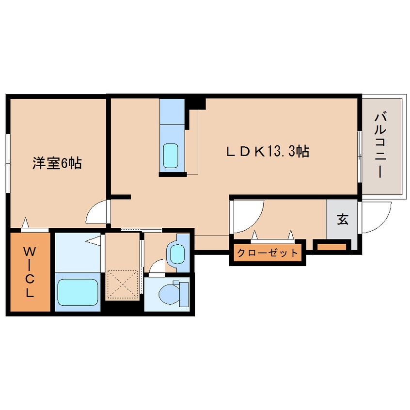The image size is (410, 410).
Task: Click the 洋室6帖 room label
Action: click(x=57, y=163)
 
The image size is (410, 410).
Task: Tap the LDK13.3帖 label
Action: click(x=268, y=152)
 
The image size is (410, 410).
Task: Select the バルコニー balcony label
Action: click(x=381, y=145)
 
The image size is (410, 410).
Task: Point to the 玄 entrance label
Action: click(x=343, y=219)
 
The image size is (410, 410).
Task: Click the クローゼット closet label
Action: click(x=268, y=252)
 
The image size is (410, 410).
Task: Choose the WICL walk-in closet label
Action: click(x=30, y=272)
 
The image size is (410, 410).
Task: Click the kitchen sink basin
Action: click(x=171, y=156)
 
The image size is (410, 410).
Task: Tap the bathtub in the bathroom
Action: click(x=78, y=292)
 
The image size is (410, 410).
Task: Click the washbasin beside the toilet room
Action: click(x=177, y=254)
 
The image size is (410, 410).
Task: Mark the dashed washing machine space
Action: click(x=123, y=284)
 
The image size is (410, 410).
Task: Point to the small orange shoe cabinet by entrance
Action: click(x=331, y=247)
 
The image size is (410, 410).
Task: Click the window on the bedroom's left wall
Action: click(x=8, y=163)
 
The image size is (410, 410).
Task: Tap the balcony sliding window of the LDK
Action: click(x=360, y=157)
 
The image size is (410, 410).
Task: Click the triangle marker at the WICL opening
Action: click(x=25, y=223)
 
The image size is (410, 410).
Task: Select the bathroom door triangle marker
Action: click(x=94, y=240)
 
